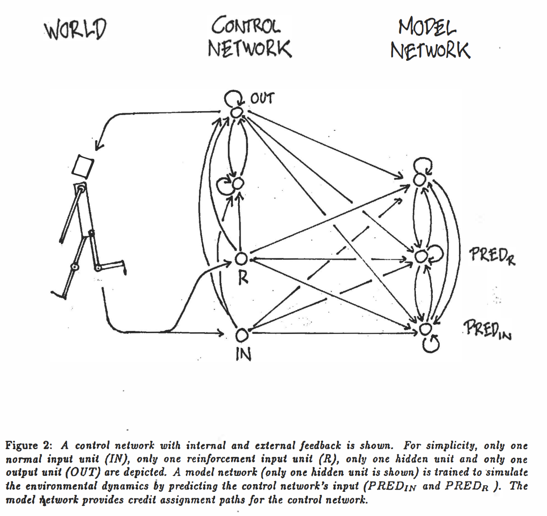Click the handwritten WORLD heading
pyautogui.click(x=75, y=29)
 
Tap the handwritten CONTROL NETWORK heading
pyautogui.click(x=249, y=37)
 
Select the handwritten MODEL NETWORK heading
pyautogui.click(x=430, y=39)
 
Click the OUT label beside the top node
pyautogui.click(x=262, y=99)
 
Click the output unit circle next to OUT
pyautogui.click(x=236, y=112)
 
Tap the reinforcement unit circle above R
pyautogui.click(x=241, y=259)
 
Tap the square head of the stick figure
pyautogui.click(x=83, y=166)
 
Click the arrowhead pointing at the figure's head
pyautogui.click(x=98, y=146)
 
